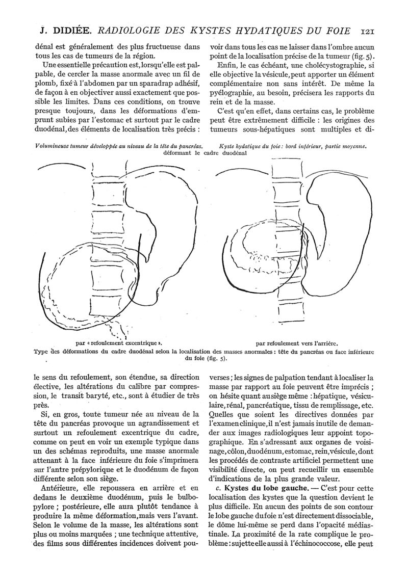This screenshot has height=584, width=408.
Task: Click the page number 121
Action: click(x=367, y=31)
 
